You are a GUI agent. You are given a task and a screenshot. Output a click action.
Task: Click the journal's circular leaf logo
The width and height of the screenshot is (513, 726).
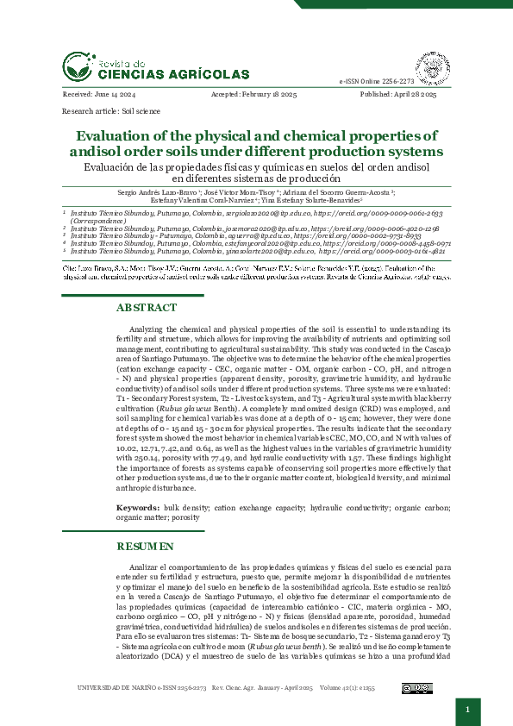(76, 66)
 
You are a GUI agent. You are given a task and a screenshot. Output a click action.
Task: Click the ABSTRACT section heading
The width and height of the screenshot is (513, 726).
(146, 308)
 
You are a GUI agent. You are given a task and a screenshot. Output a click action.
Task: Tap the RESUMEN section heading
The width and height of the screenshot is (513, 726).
(145, 547)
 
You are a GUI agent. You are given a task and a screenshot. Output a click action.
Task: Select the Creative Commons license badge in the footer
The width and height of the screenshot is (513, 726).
(417, 688)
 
